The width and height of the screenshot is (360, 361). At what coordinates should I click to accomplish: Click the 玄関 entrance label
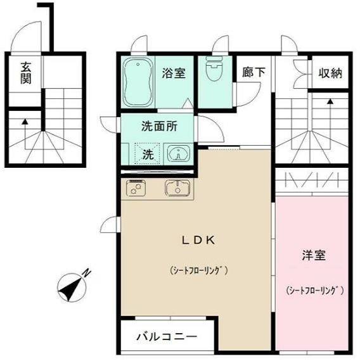click(x=26, y=73)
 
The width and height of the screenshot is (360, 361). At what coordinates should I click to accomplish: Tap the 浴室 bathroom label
click(x=173, y=73)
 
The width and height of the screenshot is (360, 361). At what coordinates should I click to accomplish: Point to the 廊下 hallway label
click(x=254, y=73)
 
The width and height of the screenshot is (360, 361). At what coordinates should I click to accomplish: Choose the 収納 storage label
click(x=330, y=73)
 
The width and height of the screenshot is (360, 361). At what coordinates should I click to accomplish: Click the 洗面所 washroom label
click(x=158, y=125)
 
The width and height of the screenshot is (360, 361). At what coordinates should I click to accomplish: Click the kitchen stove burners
click(x=136, y=187)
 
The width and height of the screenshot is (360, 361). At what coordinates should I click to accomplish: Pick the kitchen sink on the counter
click(x=177, y=187)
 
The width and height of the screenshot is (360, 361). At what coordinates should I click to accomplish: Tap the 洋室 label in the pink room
click(x=313, y=256)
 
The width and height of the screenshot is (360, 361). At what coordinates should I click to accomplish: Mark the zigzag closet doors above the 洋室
click(x=312, y=181)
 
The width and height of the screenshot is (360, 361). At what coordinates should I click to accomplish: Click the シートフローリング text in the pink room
click(x=314, y=291)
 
